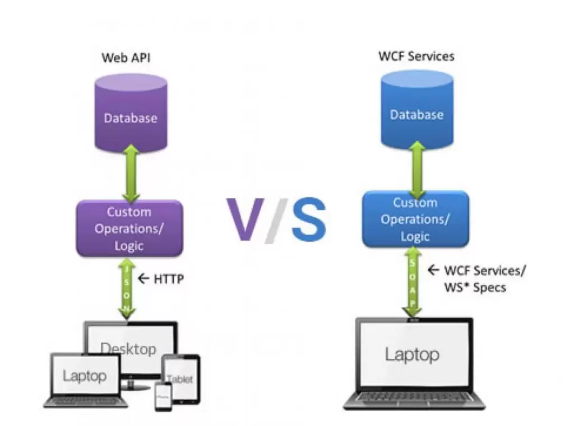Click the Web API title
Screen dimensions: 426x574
click(127, 58)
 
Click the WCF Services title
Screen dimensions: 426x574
click(416, 56)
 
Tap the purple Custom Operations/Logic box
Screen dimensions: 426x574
click(129, 228)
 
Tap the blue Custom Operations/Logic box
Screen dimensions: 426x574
click(415, 219)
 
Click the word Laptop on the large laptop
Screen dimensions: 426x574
click(411, 354)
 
